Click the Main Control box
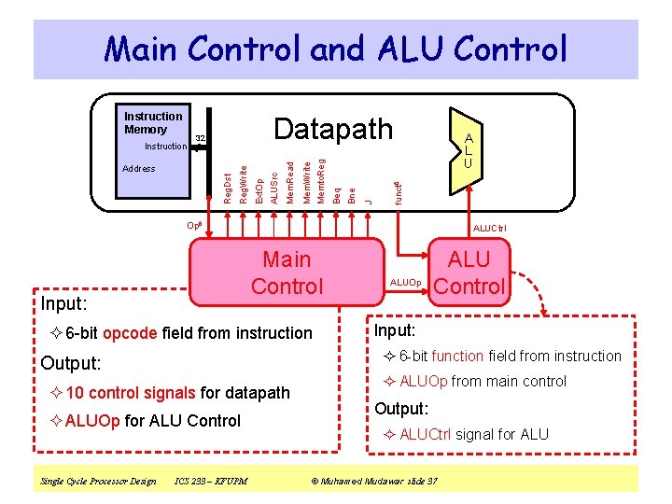coord(287,273)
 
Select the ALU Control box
coord(469,273)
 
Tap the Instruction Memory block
coord(153,154)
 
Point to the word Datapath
coord(333,130)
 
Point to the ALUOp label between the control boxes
coord(406,282)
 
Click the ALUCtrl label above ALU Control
coord(489,228)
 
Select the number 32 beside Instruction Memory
coord(200,139)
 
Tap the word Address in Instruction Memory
coord(139,169)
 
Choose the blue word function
coord(457,356)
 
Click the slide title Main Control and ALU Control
coord(335,49)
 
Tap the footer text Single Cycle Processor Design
coord(98,481)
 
